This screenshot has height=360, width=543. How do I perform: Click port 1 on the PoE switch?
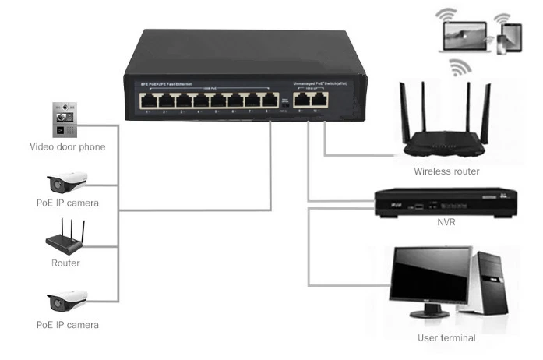pos(146,101)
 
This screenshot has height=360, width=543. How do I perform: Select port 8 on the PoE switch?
pos(270,101)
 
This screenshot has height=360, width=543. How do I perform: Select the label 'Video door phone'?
pos(67,146)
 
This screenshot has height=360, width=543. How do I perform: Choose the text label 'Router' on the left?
pos(65,263)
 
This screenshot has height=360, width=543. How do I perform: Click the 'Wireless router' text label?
pos(446,171)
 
